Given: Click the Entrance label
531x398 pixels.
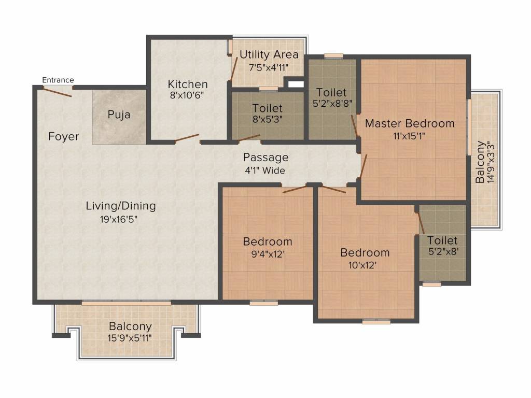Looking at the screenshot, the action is (58, 80).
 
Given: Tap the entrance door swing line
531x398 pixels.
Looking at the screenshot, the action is (57, 92).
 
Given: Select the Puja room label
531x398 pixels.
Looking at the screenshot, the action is (119, 115).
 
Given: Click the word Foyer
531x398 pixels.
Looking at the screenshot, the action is (63, 136).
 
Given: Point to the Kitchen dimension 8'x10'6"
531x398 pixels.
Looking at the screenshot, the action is (187, 95).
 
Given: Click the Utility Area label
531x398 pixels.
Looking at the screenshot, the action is (269, 54).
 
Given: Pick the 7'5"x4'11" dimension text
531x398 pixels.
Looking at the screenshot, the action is (269, 67).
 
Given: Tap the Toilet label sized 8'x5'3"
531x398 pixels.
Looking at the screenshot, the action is (267, 108).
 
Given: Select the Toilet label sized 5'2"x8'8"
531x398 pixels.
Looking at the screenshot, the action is (331, 92).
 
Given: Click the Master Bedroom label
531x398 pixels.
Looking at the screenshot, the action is (410, 123).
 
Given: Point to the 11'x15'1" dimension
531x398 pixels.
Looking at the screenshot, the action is (409, 136).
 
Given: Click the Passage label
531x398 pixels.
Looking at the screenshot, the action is (266, 158).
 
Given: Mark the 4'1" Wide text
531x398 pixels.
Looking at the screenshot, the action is (265, 170).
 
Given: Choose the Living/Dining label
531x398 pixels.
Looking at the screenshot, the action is (121, 206).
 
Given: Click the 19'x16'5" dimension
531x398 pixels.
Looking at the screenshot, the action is (119, 219).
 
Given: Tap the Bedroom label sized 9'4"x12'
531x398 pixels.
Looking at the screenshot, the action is (268, 241).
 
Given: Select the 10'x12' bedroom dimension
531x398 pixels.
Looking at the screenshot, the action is (362, 265).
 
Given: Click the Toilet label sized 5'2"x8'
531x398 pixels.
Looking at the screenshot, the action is (442, 240).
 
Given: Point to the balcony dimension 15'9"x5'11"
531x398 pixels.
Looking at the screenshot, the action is (130, 338).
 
